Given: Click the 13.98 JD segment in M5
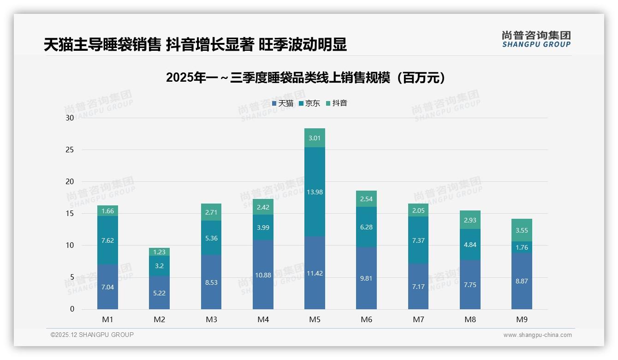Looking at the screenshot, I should [315, 192].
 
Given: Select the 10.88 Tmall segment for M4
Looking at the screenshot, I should [263, 275].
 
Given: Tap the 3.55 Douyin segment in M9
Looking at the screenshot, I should [522, 230].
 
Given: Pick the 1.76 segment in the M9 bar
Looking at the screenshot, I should [522, 247].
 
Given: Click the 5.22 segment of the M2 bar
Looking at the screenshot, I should [159, 293].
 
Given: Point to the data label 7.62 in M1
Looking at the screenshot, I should [107, 240].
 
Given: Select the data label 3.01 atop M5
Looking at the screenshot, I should [315, 138].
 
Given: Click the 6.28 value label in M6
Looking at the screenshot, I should [366, 227].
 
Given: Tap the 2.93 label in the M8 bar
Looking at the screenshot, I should [470, 220].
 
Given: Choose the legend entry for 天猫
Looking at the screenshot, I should [283, 103].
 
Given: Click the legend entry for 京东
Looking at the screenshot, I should [309, 103].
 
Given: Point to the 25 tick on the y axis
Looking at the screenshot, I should [70, 150].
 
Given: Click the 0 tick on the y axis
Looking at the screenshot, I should [72, 309].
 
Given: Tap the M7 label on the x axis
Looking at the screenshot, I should [418, 320].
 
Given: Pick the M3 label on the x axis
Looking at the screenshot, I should [211, 320].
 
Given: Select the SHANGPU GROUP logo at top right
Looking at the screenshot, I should [536, 39].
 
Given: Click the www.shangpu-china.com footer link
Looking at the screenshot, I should [537, 335].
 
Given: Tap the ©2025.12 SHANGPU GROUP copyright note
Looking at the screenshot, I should [92, 335].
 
